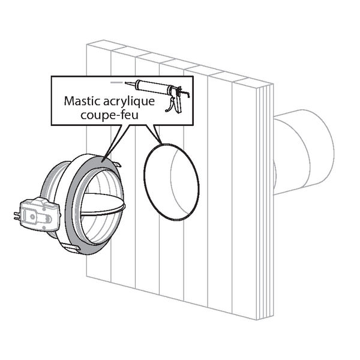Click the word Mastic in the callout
(x=82, y=101)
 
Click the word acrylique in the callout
(x=129, y=102)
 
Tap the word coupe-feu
(x=110, y=115)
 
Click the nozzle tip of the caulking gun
(x=126, y=83)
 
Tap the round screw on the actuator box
(x=32, y=216)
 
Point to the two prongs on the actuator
(x=17, y=216)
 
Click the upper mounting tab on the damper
(x=116, y=163)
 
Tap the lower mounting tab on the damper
(x=71, y=247)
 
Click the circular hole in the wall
(x=172, y=182)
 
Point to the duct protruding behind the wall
(x=303, y=152)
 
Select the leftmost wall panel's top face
(x=106, y=46)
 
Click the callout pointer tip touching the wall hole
(x=161, y=143)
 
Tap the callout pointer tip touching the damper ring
(x=103, y=161)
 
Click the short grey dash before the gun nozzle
(x=116, y=82)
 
